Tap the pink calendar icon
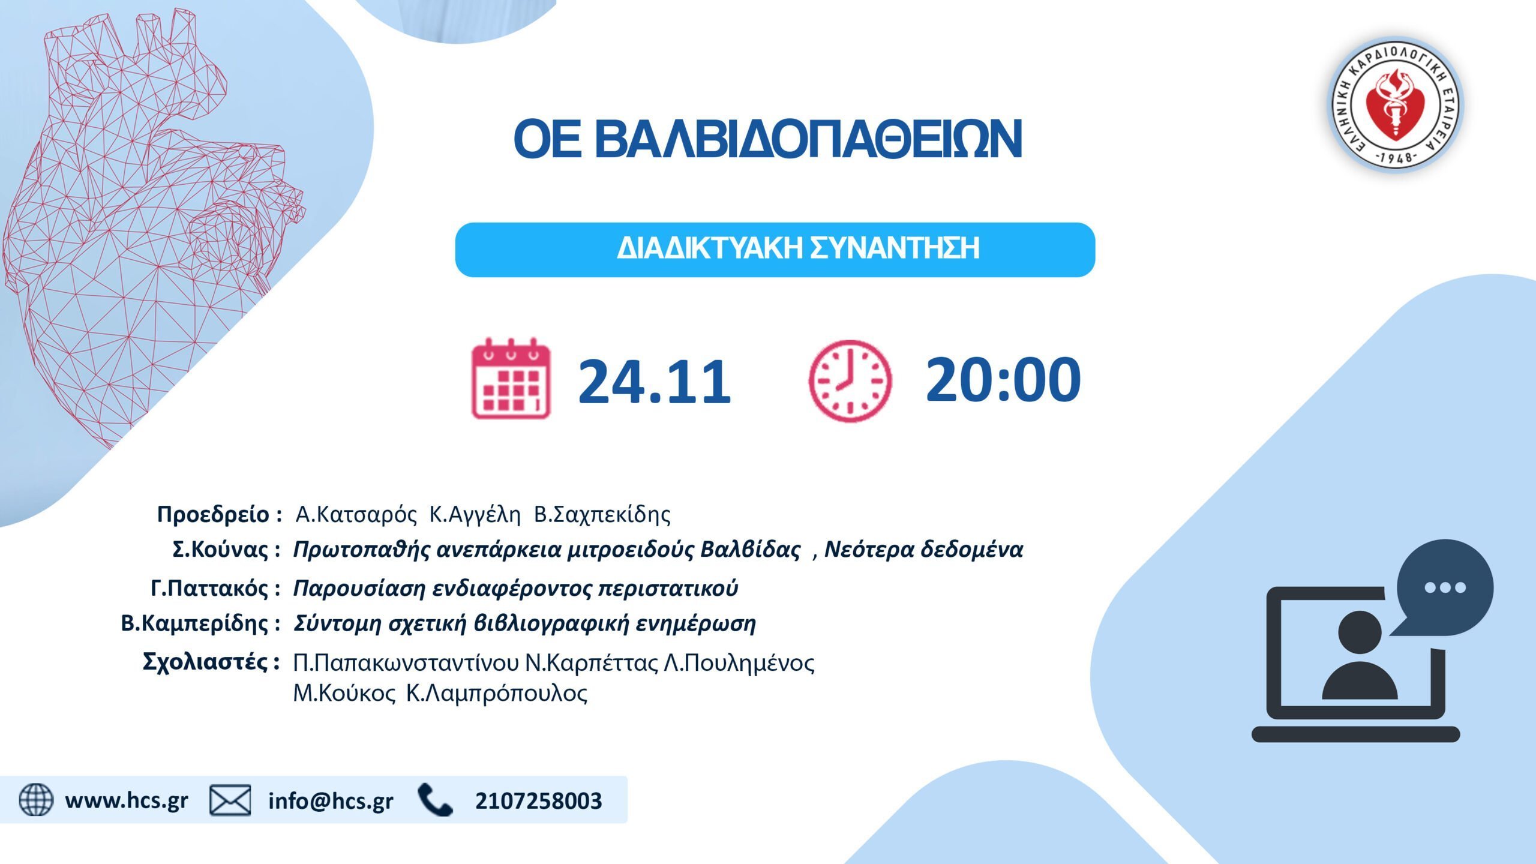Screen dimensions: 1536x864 pyautogui.click(x=511, y=378)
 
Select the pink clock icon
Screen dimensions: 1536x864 pyautogui.click(x=850, y=381)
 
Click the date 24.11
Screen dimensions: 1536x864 pyautogui.click(x=655, y=381)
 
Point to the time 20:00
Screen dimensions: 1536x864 pyautogui.click(x=1003, y=379)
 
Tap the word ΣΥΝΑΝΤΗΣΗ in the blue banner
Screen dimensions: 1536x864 pyautogui.click(x=895, y=248)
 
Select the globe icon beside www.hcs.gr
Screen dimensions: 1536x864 pyautogui.click(x=36, y=799)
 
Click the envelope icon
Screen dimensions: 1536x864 pyautogui.click(x=230, y=800)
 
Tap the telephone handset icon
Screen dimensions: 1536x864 pyautogui.click(x=435, y=800)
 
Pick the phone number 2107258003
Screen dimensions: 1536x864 pyautogui.click(x=538, y=801)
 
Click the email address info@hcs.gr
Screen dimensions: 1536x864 pyautogui.click(x=331, y=801)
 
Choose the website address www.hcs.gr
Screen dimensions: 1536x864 pyautogui.click(x=127, y=801)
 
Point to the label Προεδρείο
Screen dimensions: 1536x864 pyautogui.click(x=213, y=515)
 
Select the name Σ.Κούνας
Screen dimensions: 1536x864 pyautogui.click(x=220, y=549)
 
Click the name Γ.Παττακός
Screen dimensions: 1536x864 pyautogui.click(x=209, y=588)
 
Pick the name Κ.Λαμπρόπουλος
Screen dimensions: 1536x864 pyautogui.click(x=497, y=693)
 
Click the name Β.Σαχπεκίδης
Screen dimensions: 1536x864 pyautogui.click(x=602, y=515)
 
